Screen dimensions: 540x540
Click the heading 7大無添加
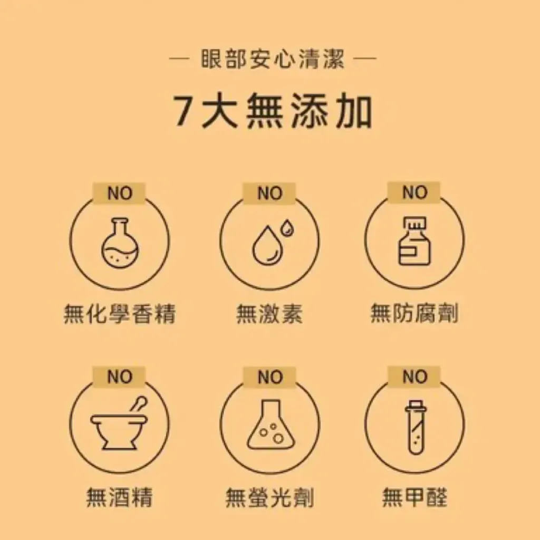pyautogui.click(x=273, y=111)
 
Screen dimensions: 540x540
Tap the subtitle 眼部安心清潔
pyautogui.click(x=273, y=59)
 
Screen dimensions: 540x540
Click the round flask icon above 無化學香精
pyautogui.click(x=120, y=243)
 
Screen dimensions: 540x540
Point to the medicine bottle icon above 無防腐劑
pyautogui.click(x=414, y=241)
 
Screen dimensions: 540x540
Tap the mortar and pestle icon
pyautogui.click(x=119, y=423)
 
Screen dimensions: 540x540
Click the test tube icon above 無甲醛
pyautogui.click(x=416, y=428)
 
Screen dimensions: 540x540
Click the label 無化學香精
pyautogui.click(x=120, y=313)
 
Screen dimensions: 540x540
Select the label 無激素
pyautogui.click(x=269, y=313)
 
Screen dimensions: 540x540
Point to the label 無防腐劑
pyautogui.click(x=414, y=313)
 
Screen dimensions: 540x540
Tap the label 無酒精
pyautogui.click(x=119, y=497)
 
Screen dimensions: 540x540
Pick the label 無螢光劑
pyautogui.click(x=269, y=497)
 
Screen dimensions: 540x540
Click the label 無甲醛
pyautogui.click(x=414, y=497)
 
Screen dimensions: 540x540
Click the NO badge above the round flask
pyautogui.click(x=120, y=193)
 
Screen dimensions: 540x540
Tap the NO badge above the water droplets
pyautogui.click(x=269, y=193)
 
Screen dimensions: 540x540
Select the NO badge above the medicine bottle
pyautogui.click(x=414, y=192)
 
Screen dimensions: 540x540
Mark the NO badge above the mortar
pyautogui.click(x=119, y=377)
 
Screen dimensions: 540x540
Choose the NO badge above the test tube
pyautogui.click(x=414, y=377)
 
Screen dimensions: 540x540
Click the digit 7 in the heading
pyautogui.click(x=184, y=111)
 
